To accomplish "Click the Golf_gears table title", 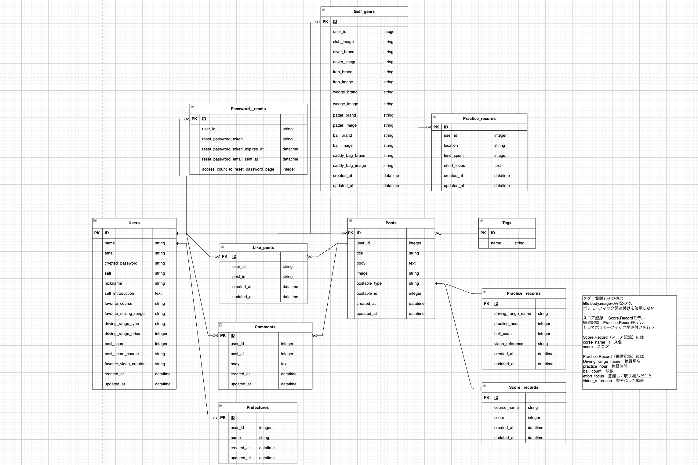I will tap(364, 12).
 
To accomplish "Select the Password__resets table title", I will tap(248, 109).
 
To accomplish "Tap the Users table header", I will tap(134, 223).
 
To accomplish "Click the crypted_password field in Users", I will tap(121, 263).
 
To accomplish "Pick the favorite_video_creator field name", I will tap(125, 364).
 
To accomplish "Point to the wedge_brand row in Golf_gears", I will tap(345, 92).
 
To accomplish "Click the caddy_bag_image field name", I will tap(349, 166).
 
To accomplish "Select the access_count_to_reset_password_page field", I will tap(238, 169).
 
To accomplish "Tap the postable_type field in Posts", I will tap(369, 283).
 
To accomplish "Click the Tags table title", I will tap(507, 223).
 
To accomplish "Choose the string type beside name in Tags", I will tap(519, 243).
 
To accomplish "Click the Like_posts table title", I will tap(263, 248).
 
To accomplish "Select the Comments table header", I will tap(265, 327).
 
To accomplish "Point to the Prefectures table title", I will tap(257, 408).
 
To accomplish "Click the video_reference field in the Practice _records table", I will tap(508, 344).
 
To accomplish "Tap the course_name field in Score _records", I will tap(506, 408).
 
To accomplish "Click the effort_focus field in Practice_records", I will tap(454, 166).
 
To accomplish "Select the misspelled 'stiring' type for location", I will tap(500, 146).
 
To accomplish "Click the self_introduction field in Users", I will tap(119, 294).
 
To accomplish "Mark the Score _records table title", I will tap(523, 387).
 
